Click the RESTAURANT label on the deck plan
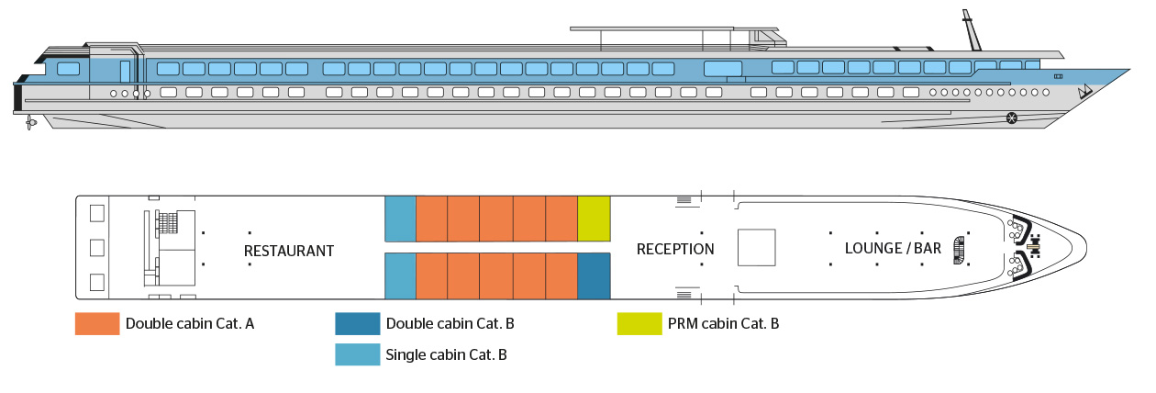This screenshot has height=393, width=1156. point(288,251)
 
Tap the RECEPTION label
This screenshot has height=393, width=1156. point(675,249)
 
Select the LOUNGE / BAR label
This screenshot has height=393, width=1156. point(893,249)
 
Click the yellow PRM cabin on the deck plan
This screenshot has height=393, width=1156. point(594,219)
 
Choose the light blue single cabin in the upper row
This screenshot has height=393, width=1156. point(400,219)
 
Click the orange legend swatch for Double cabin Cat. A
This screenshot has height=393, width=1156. point(97,324)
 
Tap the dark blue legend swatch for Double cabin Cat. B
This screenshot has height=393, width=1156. point(359,324)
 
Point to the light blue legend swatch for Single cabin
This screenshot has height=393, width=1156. point(359,354)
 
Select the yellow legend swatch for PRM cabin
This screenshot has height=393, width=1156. point(639,324)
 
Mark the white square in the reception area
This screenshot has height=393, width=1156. point(757,247)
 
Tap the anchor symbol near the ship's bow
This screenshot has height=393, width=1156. point(1085,91)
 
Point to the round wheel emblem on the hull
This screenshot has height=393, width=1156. point(1012,117)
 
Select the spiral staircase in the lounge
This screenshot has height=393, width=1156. point(960,248)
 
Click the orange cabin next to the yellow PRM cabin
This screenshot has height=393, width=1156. point(561,219)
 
